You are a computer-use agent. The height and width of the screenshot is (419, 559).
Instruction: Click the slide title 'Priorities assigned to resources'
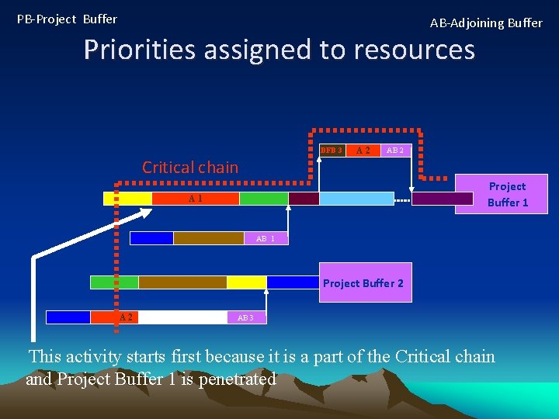(x=279, y=50)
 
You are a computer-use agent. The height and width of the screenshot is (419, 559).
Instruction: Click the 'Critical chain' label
(x=190, y=167)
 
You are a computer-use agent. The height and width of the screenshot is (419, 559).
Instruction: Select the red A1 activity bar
(x=196, y=199)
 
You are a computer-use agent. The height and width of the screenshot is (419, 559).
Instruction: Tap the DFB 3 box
(x=332, y=150)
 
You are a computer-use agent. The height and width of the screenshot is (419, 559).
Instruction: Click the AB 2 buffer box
(x=395, y=150)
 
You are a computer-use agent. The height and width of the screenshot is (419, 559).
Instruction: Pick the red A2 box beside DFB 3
(x=363, y=150)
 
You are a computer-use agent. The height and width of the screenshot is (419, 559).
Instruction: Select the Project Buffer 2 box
(x=363, y=283)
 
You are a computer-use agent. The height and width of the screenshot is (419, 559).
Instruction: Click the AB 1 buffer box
(x=266, y=238)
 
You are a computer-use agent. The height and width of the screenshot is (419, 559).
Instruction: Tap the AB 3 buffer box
(x=245, y=317)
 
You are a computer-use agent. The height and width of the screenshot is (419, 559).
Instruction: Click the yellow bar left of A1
(x=128, y=199)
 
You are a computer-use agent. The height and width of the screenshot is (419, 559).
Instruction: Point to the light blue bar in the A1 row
(x=356, y=199)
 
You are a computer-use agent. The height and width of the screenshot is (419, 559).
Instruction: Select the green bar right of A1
(x=264, y=199)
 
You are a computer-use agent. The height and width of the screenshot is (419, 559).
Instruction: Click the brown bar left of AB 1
(x=208, y=238)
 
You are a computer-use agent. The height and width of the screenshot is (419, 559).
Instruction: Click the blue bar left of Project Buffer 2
(x=293, y=282)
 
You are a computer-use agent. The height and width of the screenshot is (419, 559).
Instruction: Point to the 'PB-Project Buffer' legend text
(x=67, y=19)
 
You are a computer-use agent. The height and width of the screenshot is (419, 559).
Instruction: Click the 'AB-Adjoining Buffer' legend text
(x=486, y=23)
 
